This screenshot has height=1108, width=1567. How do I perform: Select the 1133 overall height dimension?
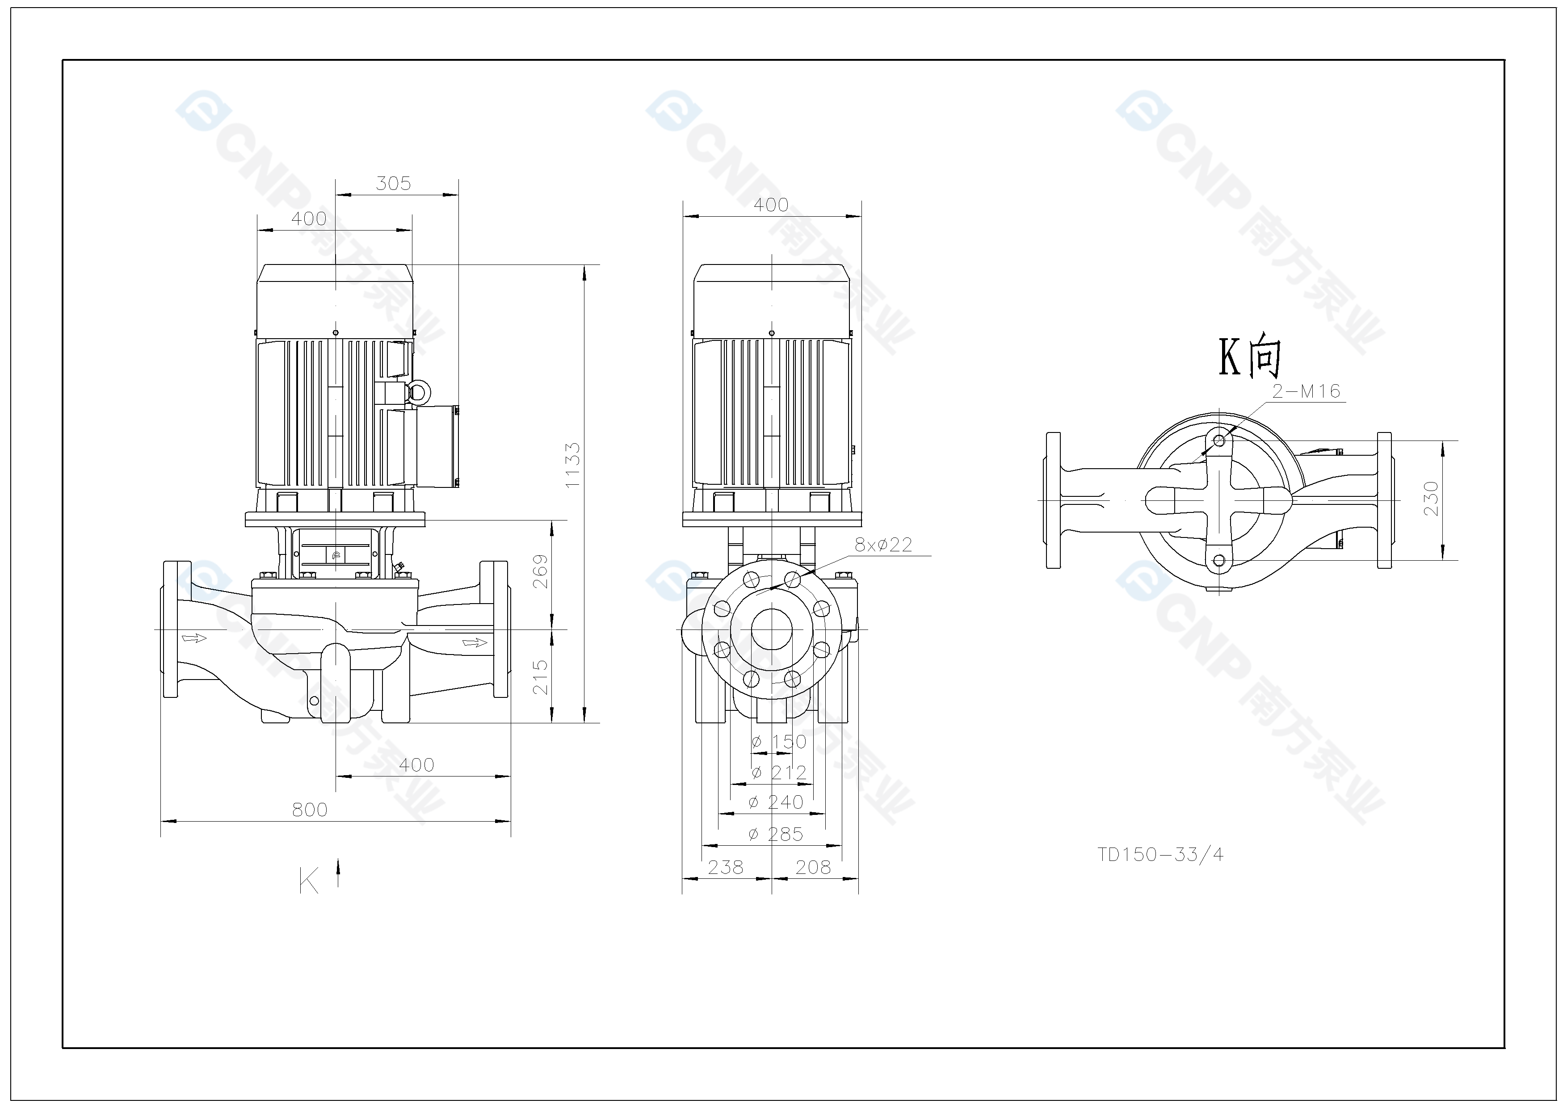(x=573, y=465)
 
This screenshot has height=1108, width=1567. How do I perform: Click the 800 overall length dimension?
(x=310, y=810)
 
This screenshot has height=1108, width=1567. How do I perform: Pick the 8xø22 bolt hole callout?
(x=883, y=545)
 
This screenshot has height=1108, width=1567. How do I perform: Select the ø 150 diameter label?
(x=779, y=742)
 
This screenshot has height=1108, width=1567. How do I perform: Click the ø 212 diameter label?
(x=779, y=772)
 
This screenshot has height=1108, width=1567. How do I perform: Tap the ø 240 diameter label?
(x=776, y=802)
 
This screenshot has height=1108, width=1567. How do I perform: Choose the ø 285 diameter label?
(x=776, y=834)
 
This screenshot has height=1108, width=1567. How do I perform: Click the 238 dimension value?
(x=726, y=867)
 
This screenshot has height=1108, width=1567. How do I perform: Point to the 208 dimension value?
(x=814, y=867)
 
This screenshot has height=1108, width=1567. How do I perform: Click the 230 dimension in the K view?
(x=1432, y=499)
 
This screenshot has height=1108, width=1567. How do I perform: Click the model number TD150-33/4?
(x=1160, y=854)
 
